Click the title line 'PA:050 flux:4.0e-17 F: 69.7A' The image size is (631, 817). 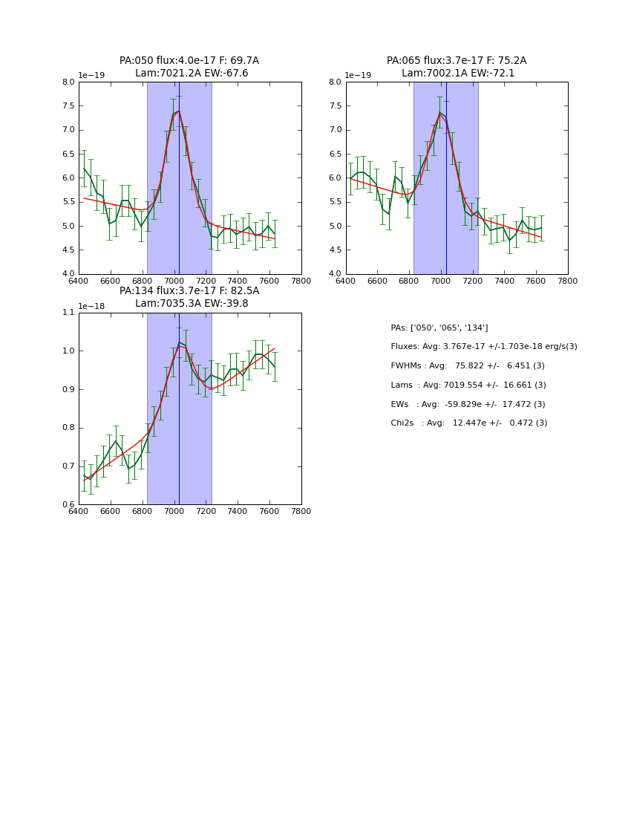(x=189, y=61)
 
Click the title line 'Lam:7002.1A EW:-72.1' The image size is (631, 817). (x=457, y=74)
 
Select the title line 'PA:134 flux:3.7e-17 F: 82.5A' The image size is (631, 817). (x=189, y=291)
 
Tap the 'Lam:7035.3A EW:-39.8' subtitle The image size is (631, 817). (x=192, y=304)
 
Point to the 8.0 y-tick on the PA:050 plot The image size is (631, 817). (x=68, y=82)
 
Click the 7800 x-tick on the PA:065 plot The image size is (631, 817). (x=567, y=281)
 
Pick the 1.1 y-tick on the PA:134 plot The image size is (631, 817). (x=68, y=313)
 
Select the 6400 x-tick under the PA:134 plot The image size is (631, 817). (x=79, y=511)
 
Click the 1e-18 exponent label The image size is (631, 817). (x=91, y=306)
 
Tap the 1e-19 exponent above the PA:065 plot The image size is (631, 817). (x=359, y=76)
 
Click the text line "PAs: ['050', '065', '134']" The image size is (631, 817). (x=439, y=328)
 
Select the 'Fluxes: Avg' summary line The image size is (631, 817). (x=484, y=347)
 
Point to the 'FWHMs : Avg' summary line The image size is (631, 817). (x=468, y=366)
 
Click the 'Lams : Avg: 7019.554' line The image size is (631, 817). (x=468, y=385)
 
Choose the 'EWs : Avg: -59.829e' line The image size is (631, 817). (x=468, y=404)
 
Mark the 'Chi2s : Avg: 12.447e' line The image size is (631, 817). (x=469, y=423)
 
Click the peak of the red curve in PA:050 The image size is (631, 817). (x=178, y=111)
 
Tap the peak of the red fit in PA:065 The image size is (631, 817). (x=440, y=114)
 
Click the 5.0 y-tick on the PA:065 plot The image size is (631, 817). (x=336, y=227)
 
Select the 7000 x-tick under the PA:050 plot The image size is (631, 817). (x=174, y=281)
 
